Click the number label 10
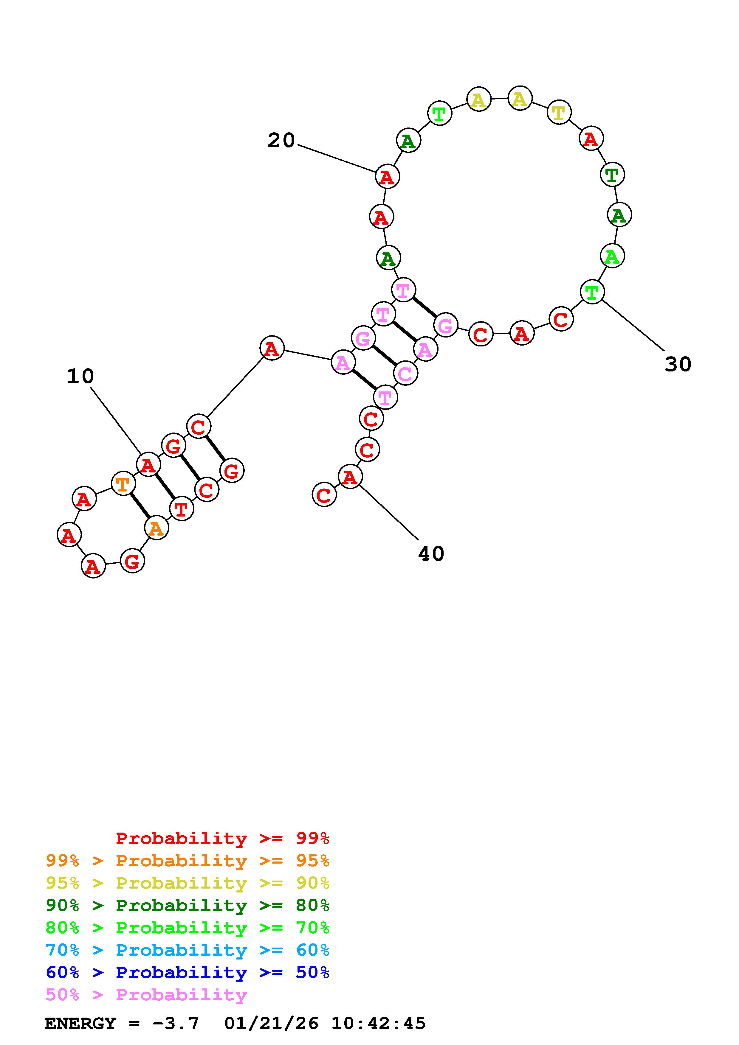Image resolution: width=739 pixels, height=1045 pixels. pyautogui.click(x=80, y=377)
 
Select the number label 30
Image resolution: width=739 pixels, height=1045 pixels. pyautogui.click(x=678, y=364)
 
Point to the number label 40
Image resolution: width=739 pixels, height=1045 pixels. pyautogui.click(x=431, y=554)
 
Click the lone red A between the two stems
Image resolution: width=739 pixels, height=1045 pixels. pyautogui.click(x=272, y=349)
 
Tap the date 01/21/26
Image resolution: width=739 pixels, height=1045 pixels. pyautogui.click(x=271, y=1023)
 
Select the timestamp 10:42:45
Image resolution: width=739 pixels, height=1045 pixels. pyautogui.click(x=378, y=1023)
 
